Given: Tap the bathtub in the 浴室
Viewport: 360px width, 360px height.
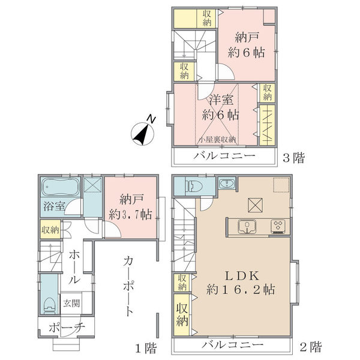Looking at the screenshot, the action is click(x=61, y=187).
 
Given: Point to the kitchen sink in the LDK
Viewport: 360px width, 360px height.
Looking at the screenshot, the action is click(x=247, y=226).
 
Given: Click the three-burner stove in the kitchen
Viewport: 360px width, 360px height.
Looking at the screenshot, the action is click(x=278, y=226).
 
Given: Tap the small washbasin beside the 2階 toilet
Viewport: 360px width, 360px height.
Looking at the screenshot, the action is click(x=227, y=184).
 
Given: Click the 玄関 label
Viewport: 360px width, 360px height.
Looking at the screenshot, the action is click(x=71, y=304).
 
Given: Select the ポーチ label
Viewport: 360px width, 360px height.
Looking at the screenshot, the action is click(x=67, y=328).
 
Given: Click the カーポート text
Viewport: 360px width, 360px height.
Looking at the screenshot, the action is click(x=128, y=287).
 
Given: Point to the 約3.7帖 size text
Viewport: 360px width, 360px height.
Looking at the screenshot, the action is click(x=130, y=215).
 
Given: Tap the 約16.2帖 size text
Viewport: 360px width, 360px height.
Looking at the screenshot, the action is click(x=241, y=289).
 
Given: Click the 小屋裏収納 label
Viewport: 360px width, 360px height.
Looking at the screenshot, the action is click(x=217, y=140).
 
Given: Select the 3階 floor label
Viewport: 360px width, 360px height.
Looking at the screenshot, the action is click(x=293, y=158).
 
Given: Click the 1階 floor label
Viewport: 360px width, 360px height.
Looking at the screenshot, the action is click(x=146, y=348).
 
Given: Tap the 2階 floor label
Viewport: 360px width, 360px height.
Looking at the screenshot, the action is click(x=311, y=347).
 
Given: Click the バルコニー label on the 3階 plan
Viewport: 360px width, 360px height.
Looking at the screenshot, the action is click(x=224, y=156).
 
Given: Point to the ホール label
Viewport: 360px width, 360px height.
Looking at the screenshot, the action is click(x=74, y=267).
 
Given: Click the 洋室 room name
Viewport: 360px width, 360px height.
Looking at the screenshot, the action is click(x=221, y=100).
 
